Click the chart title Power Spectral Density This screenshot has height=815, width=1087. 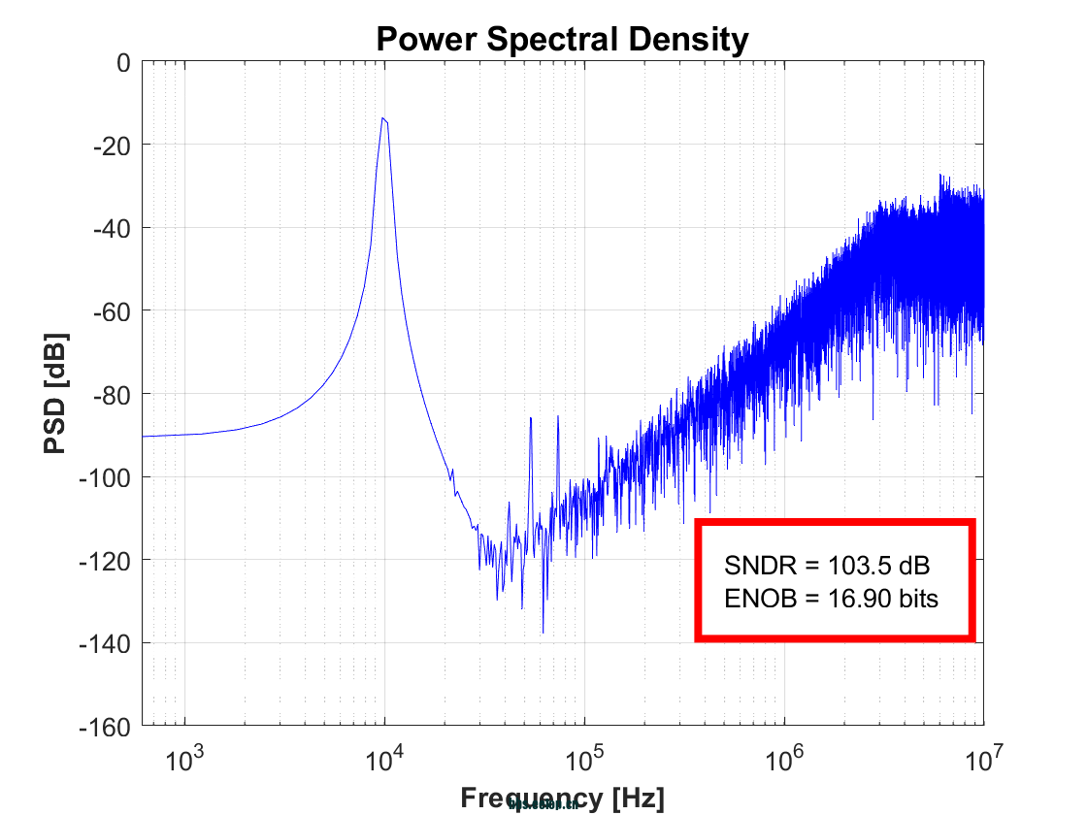(x=562, y=40)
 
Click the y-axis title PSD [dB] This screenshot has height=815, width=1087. (x=56, y=394)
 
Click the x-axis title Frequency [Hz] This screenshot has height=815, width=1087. (x=562, y=799)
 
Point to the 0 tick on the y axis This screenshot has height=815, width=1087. (x=122, y=62)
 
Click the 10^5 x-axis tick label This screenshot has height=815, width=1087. (x=583, y=758)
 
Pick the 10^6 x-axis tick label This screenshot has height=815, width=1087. (x=784, y=758)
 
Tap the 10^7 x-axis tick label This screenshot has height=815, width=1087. (x=982, y=758)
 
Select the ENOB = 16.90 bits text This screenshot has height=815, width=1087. (x=832, y=599)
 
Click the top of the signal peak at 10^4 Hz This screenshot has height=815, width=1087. (x=384, y=118)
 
